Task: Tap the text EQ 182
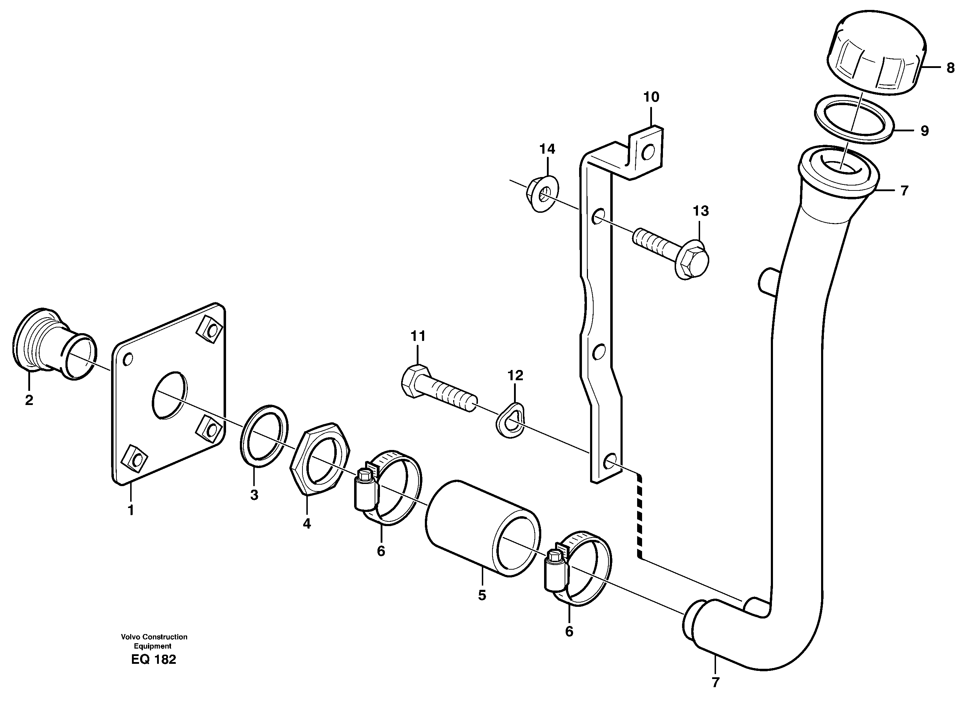(x=154, y=660)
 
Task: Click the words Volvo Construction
(x=154, y=637)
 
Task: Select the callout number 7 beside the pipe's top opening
(x=904, y=190)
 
